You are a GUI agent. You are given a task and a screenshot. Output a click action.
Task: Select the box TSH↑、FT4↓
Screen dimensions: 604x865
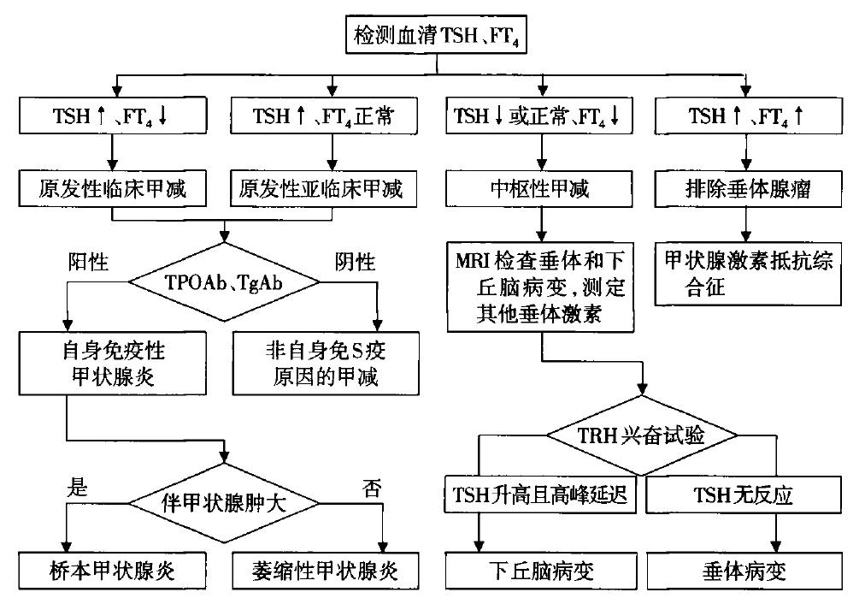112,116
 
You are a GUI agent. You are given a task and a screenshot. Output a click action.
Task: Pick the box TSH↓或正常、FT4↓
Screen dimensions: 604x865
540,116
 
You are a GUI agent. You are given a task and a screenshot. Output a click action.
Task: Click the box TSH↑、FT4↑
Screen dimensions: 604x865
746,116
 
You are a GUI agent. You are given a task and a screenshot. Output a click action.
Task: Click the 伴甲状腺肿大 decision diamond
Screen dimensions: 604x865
224,501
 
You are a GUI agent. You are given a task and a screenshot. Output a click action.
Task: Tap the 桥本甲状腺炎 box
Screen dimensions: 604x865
112,570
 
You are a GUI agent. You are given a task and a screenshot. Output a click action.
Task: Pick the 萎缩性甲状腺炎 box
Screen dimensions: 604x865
324,570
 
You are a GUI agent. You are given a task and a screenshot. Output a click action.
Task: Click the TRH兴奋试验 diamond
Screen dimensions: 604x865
641,435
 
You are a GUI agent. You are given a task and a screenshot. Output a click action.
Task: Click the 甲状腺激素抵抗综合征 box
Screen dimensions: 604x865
746,273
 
